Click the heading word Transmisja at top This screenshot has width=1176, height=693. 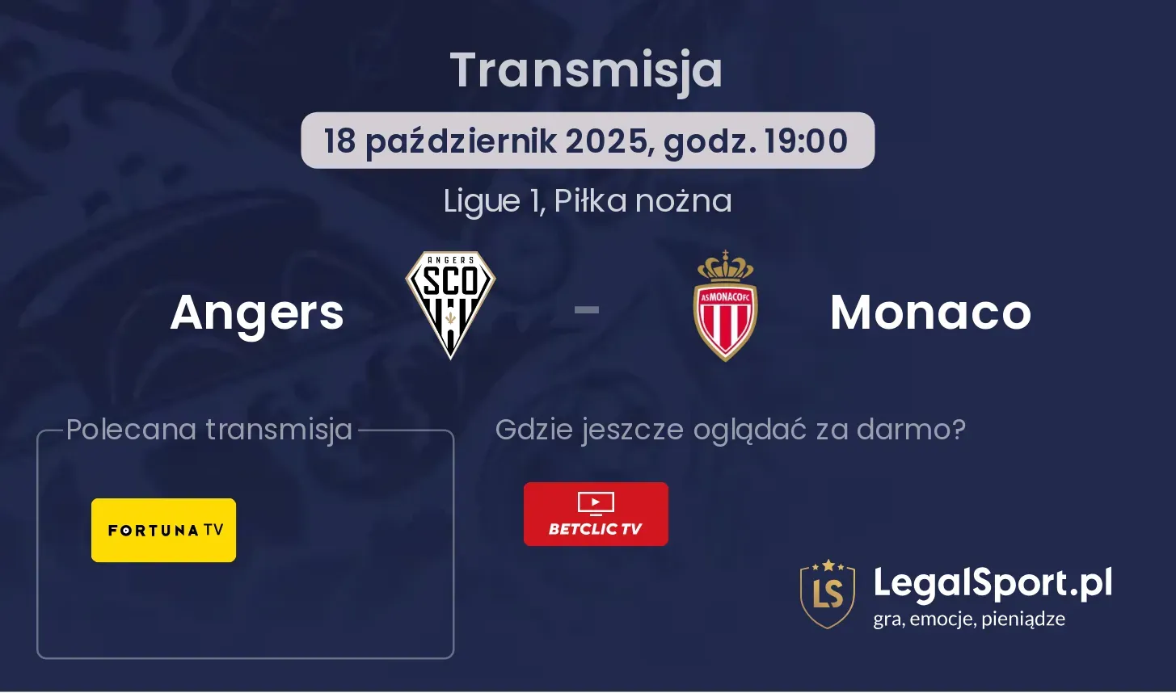[x=587, y=72]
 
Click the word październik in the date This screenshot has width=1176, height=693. [x=461, y=141]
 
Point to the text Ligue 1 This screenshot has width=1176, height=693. [x=493, y=201]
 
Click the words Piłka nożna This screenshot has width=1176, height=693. [x=643, y=200]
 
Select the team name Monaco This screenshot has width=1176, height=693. [x=931, y=313]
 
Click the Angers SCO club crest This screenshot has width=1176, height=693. [x=450, y=304]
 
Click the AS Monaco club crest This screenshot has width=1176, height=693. [x=726, y=306]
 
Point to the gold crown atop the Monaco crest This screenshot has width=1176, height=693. [x=726, y=266]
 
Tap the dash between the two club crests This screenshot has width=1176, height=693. [x=587, y=310]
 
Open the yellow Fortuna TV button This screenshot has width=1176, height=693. [x=164, y=531]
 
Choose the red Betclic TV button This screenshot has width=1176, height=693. [x=596, y=514]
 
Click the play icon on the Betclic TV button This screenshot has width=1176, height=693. [x=596, y=502]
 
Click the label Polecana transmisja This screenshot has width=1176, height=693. [x=209, y=430]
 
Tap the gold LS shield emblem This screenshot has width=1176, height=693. [x=828, y=594]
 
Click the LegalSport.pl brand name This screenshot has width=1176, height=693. [x=993, y=583]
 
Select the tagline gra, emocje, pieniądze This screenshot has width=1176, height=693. [x=969, y=619]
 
